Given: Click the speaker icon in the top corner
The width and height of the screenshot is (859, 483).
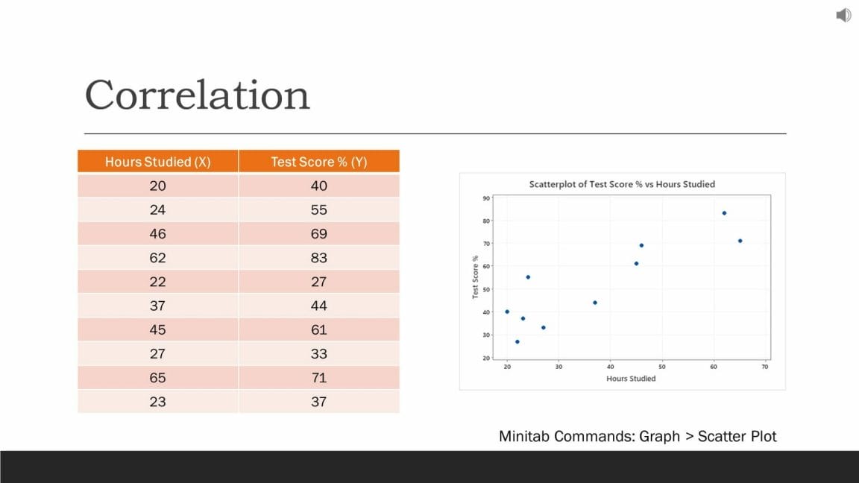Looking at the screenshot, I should (843, 15).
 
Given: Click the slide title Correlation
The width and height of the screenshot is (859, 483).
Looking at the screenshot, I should (197, 95).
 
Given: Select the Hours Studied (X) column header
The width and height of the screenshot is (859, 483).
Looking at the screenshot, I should (157, 162).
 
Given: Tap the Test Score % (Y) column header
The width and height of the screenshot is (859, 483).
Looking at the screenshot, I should (318, 162).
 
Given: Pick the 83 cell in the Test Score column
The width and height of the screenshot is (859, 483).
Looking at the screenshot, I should (318, 258).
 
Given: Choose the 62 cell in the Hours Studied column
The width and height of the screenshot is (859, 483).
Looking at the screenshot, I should (157, 258).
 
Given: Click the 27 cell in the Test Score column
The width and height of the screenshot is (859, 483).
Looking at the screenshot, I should (318, 282).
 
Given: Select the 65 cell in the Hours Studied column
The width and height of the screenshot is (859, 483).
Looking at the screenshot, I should (157, 378).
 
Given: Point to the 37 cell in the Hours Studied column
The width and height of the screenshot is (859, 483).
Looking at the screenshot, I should (157, 306).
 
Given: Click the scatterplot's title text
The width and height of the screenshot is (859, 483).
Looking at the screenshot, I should (622, 184).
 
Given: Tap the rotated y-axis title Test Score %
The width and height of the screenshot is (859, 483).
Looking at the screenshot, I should (475, 277).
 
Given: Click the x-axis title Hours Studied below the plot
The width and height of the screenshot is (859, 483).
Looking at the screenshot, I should (631, 379).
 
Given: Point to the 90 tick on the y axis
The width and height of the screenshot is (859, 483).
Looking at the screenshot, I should (485, 198).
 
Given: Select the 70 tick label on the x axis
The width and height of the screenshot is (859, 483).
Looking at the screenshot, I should (765, 367).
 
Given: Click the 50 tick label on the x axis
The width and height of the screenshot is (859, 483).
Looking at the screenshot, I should (661, 367).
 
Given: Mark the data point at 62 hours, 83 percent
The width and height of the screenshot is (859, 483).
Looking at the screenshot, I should (724, 213).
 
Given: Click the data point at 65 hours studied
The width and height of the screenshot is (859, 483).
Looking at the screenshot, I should (740, 241).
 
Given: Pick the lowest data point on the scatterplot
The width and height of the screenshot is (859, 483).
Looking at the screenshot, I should (517, 341).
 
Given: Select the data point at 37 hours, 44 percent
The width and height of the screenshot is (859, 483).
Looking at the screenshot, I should (595, 303).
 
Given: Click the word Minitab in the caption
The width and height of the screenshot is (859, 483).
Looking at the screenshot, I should (524, 437).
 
